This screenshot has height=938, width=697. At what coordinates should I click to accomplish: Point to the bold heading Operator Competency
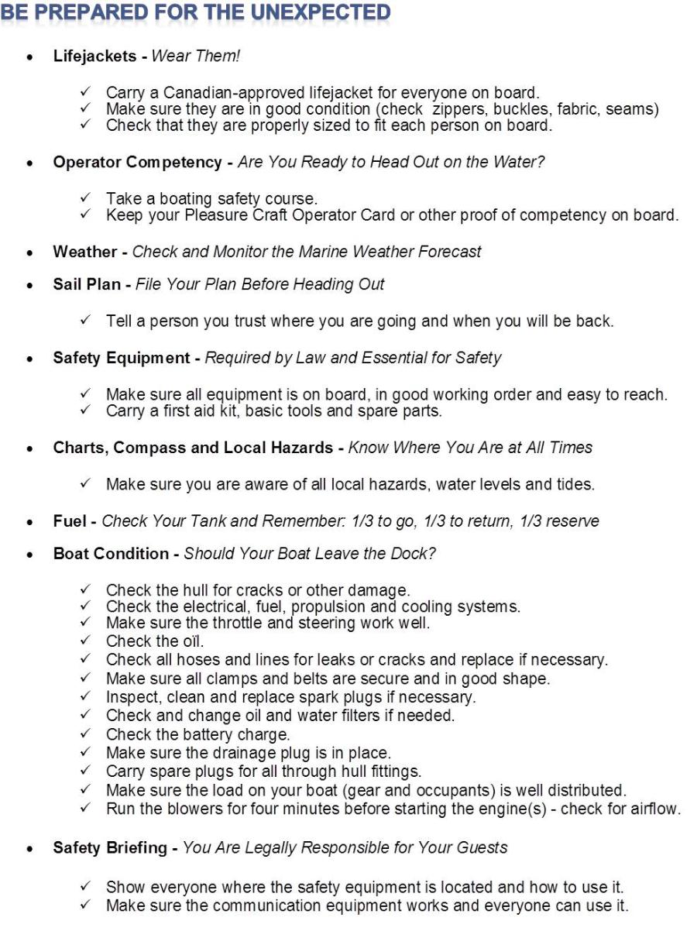(x=137, y=163)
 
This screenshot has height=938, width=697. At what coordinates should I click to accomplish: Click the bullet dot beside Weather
(x=29, y=253)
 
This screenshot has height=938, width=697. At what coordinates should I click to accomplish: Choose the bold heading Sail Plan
(x=87, y=284)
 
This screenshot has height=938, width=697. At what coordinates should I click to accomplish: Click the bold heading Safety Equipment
(x=122, y=358)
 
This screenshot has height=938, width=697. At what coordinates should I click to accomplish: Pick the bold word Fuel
(x=70, y=521)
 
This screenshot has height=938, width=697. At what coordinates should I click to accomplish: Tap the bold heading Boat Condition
(x=111, y=554)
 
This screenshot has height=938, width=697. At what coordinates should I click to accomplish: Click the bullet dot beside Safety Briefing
(x=29, y=849)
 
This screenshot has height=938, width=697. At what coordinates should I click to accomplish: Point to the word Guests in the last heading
(x=484, y=847)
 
